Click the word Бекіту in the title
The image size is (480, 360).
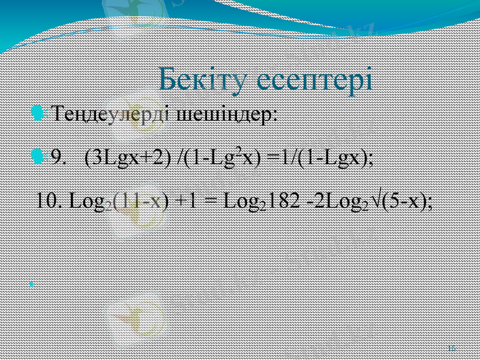click(x=204, y=80)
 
